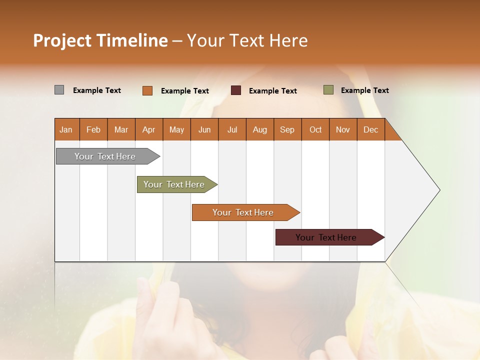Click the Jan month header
66,130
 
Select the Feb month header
93,130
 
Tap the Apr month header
148,130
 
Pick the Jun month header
204,130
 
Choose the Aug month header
259,130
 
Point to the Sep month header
287,130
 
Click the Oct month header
315,130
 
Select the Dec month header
370,130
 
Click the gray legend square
59,90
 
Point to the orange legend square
147,90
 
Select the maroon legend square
236,90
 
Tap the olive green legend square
328,90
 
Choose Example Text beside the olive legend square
364,90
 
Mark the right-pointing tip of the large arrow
439,190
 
